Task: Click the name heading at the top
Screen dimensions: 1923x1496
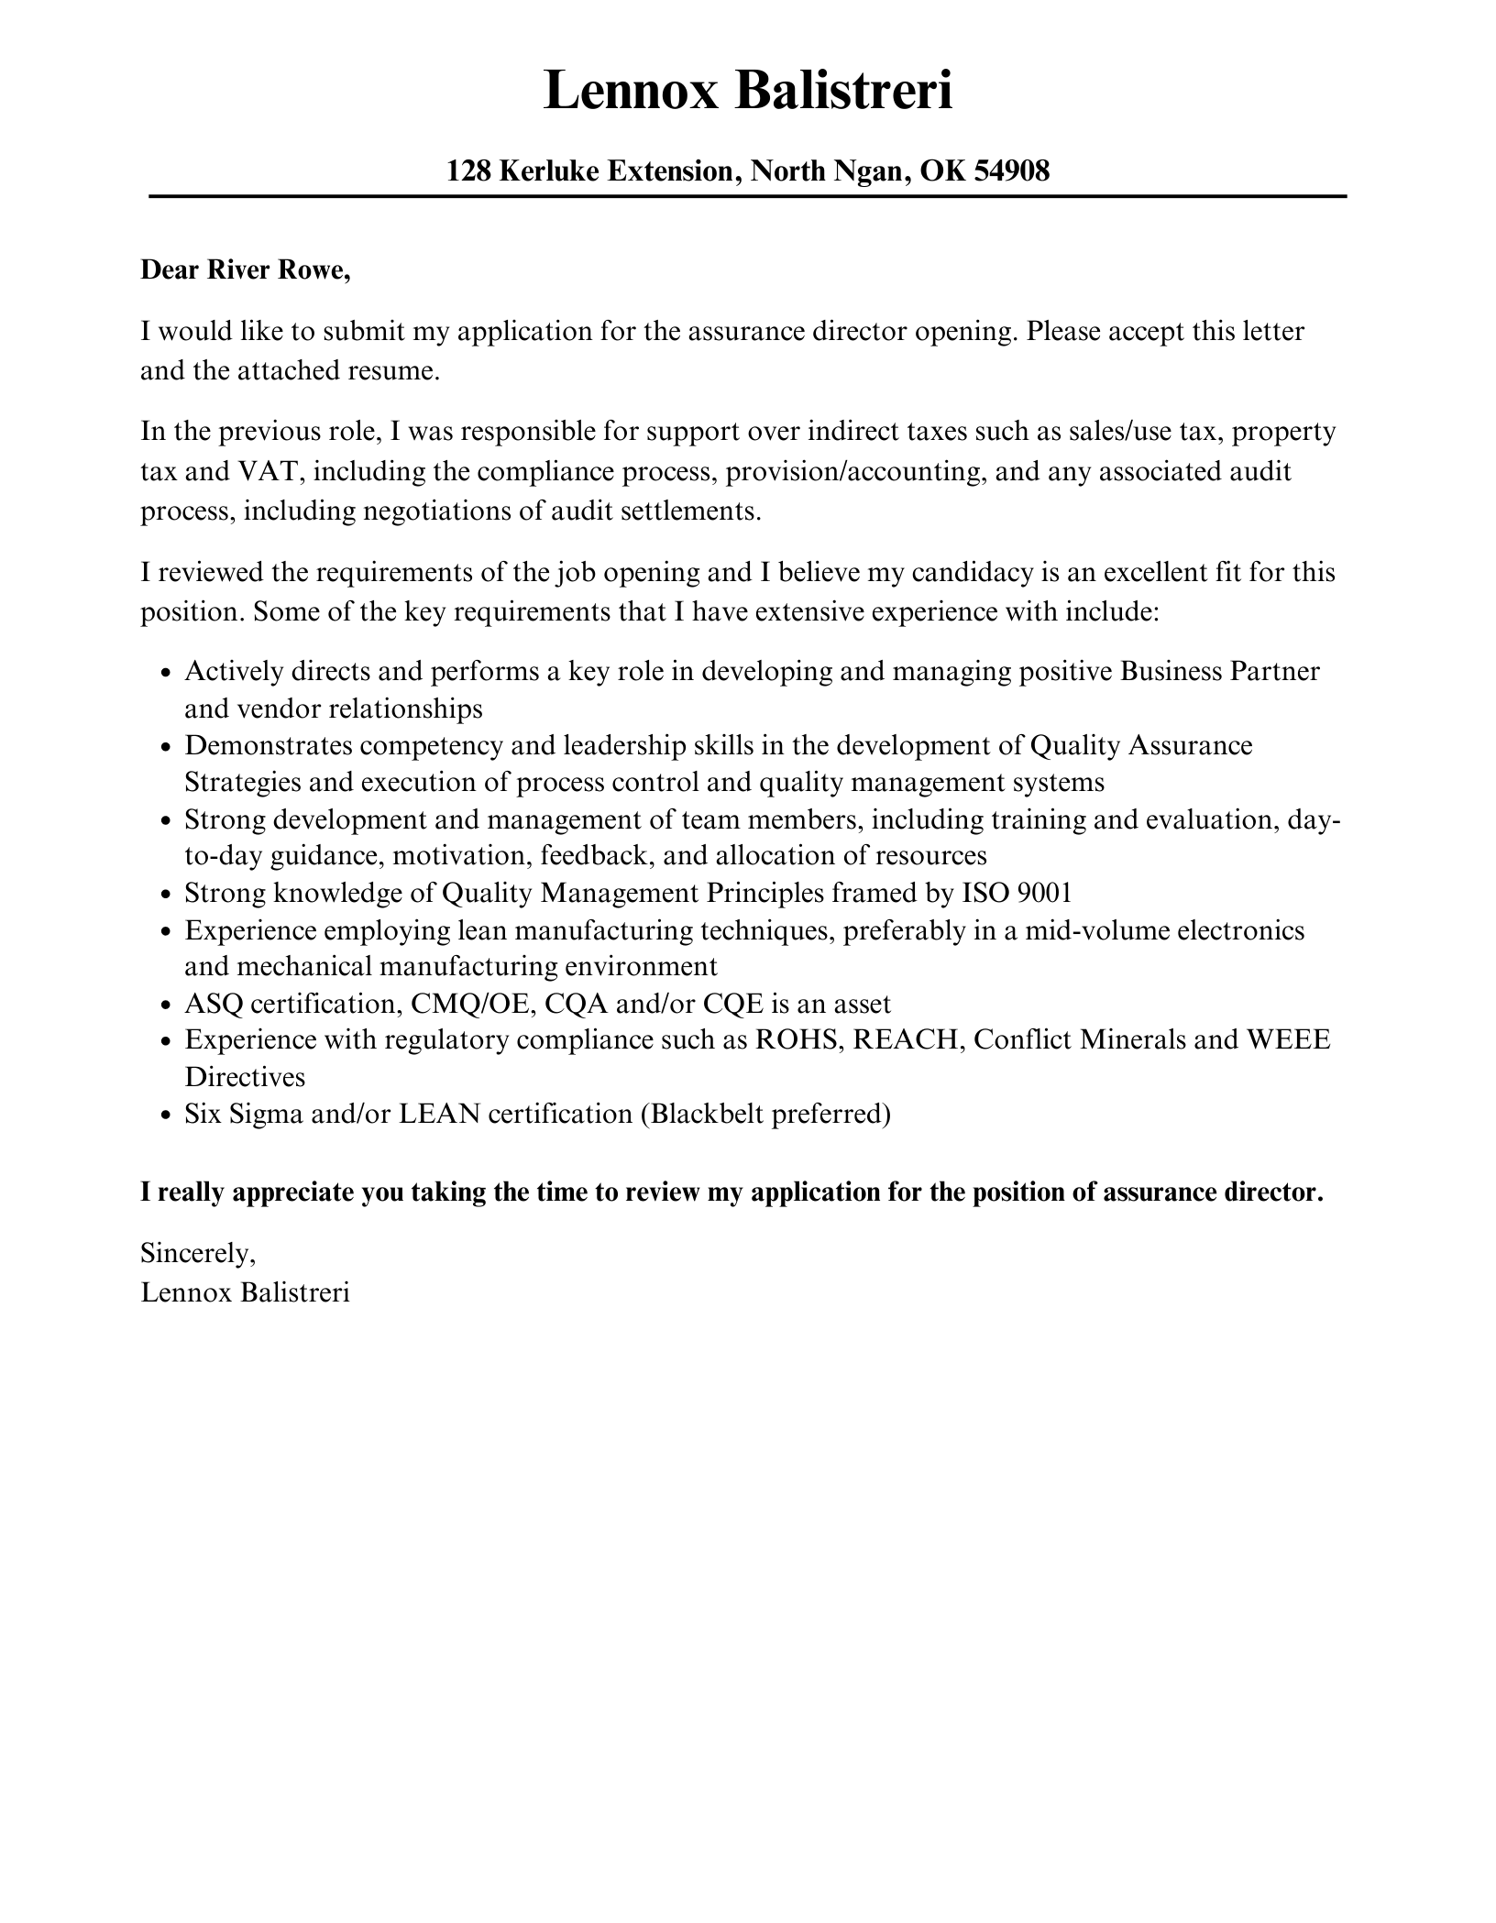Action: [747, 92]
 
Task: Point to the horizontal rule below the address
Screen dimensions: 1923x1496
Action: [747, 196]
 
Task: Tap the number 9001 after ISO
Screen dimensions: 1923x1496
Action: [1044, 893]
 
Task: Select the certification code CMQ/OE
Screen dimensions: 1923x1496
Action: [470, 1005]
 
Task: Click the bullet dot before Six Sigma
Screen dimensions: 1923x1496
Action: [165, 1115]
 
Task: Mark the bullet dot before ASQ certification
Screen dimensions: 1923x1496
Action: [165, 1005]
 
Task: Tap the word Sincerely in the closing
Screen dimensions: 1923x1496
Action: [197, 1253]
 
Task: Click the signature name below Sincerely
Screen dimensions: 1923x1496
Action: [245, 1292]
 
